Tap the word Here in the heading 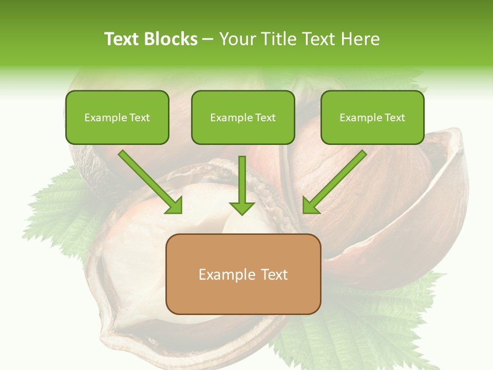coord(361,39)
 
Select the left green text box coord(117,117)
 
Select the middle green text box coord(243,117)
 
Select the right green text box coord(372,117)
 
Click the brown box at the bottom coord(243,274)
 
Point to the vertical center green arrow coord(242,182)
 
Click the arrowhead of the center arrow coord(242,207)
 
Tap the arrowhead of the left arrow coord(175,205)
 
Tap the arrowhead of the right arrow coord(310,205)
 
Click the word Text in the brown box coord(274,274)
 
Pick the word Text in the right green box coord(395,118)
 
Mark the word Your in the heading coord(237,39)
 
